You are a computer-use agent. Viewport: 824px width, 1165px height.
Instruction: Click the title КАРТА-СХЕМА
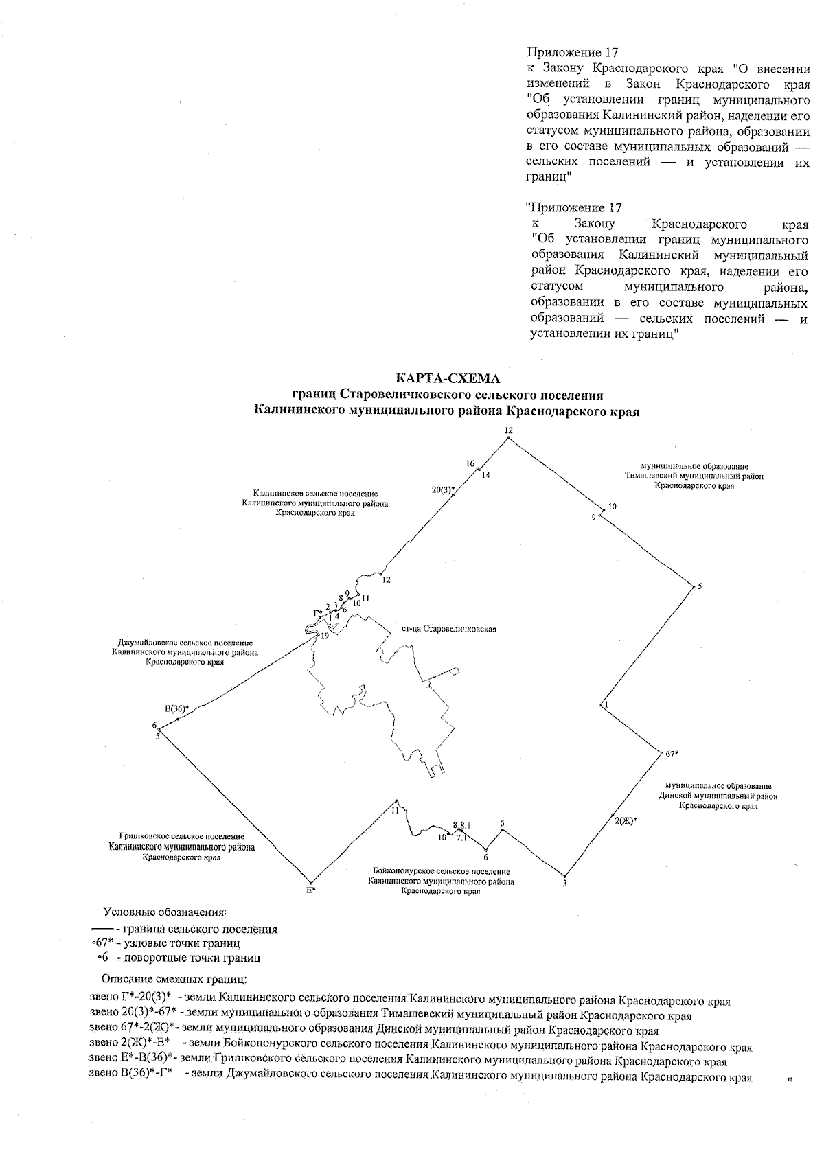[448, 378]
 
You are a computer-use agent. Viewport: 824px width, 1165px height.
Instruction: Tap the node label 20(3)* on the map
[443, 489]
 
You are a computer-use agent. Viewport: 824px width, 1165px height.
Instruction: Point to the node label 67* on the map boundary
[672, 754]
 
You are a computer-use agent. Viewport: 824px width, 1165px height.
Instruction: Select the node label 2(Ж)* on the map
[626, 820]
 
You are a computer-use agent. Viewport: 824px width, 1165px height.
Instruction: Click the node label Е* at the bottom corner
[310, 890]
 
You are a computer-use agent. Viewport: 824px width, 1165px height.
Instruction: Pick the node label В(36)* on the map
[176, 708]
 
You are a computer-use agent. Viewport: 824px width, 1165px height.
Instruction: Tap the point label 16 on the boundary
[470, 464]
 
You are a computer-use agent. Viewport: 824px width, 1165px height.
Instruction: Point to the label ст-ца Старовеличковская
[448, 629]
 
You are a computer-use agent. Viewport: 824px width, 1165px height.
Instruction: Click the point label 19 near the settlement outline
[325, 636]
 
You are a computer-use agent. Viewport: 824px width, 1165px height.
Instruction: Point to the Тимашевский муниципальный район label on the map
[694, 476]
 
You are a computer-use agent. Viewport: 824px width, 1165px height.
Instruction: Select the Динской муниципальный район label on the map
[718, 796]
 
